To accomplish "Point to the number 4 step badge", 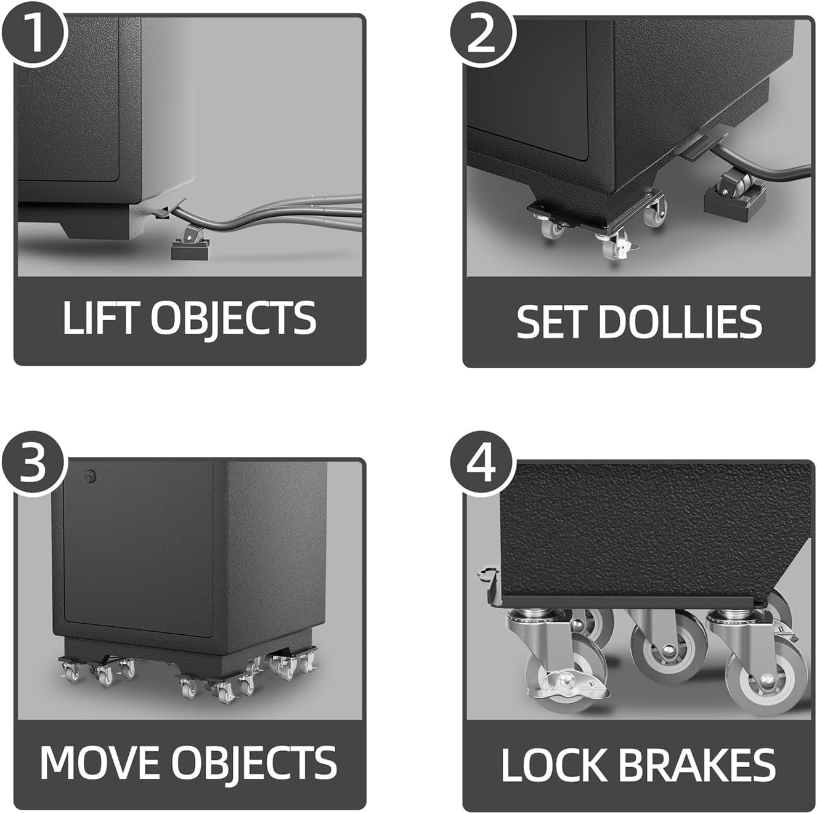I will (481, 464).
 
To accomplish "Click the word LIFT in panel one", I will (102, 318).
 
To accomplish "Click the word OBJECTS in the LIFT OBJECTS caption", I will (234, 318).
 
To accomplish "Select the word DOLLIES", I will (680, 321).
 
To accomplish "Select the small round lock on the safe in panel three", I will (91, 475).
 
